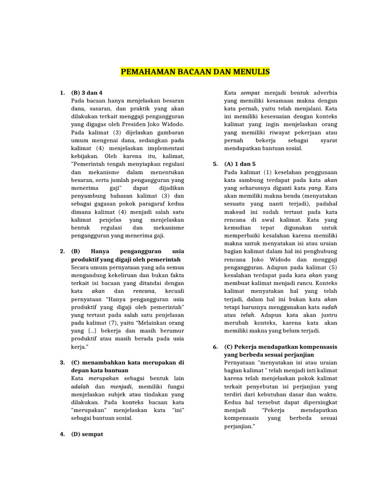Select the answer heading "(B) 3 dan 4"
pos(87,92)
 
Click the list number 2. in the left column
pos(63,251)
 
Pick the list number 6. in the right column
pos(216,347)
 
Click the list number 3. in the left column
pos(63,362)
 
